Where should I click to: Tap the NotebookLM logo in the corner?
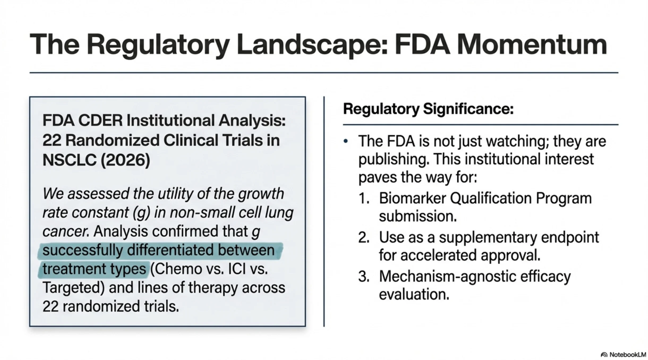click(623, 354)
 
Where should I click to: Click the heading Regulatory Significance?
click(428, 109)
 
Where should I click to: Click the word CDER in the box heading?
click(100, 121)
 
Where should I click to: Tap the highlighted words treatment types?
click(94, 269)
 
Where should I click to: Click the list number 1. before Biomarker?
click(364, 198)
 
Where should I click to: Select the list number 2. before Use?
click(364, 237)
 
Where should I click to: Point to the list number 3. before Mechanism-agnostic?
click(364, 276)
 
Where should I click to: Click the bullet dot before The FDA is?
click(346, 142)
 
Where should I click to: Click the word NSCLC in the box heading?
click(69, 160)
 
